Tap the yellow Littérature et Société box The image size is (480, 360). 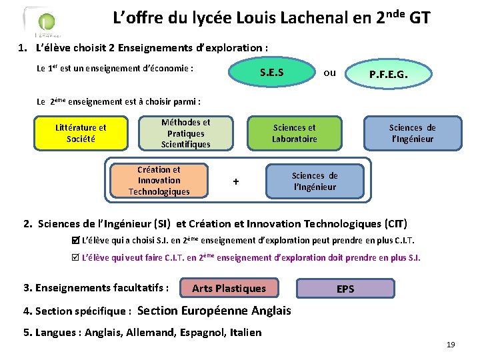(x=81, y=133)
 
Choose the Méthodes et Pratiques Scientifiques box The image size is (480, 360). (x=185, y=133)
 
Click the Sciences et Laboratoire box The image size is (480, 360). (x=295, y=133)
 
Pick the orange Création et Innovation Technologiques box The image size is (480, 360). (x=159, y=181)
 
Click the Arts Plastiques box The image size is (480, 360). (x=229, y=289)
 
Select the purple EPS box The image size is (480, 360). (x=345, y=289)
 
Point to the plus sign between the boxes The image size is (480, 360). (x=235, y=181)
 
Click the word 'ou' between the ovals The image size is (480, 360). (x=329, y=73)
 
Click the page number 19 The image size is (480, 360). (x=451, y=345)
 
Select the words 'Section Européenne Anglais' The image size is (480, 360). (x=213, y=311)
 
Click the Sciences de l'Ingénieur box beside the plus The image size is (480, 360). (x=315, y=181)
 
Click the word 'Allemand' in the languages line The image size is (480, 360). (x=148, y=332)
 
